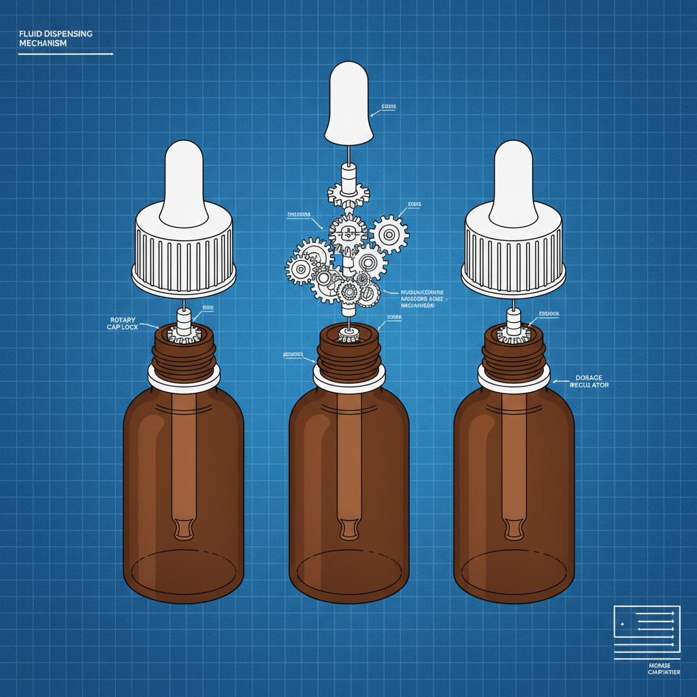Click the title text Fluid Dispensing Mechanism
pos(56,38)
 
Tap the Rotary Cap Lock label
pos(122,323)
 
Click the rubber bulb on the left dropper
pos(184,180)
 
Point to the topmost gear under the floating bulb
pos(348,193)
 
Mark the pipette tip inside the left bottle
pos(184,528)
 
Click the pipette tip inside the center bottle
pos(349,528)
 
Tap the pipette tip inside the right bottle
pos(514,528)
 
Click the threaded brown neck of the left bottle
pos(184,354)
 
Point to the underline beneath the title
pos(65,53)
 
